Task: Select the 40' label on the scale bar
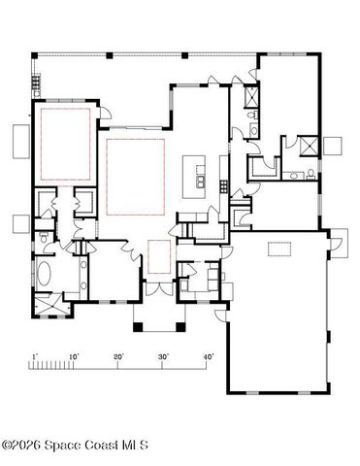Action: point(207,357)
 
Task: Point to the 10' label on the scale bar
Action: point(75,357)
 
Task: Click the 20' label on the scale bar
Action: point(118,357)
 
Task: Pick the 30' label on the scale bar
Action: point(163,357)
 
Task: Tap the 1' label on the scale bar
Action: point(35,357)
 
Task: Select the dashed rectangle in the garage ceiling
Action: point(280,250)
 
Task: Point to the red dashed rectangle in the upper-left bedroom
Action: point(65,144)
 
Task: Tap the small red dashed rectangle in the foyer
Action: point(159,258)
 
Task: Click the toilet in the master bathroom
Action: point(45,239)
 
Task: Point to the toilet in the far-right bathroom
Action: point(309,174)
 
